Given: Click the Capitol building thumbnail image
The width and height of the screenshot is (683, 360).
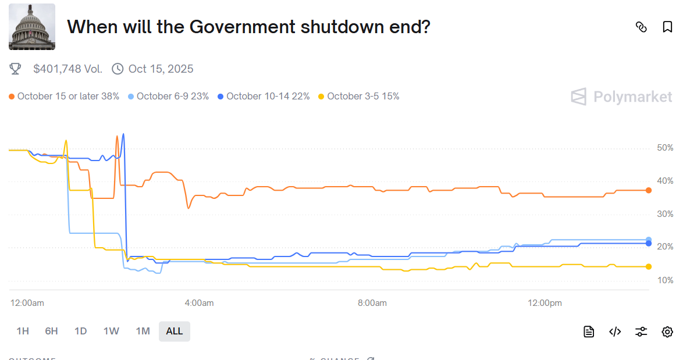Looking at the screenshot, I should [32, 27].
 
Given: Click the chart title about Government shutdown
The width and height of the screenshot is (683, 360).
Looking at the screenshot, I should [248, 27].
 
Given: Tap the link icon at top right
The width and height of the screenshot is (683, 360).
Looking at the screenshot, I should [641, 27].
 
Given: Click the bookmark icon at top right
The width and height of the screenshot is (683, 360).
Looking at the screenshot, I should [667, 27].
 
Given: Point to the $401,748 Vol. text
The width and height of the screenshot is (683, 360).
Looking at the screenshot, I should [67, 69].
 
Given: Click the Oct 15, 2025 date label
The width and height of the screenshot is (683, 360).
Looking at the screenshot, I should [161, 69].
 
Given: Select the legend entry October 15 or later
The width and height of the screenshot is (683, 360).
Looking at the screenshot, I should [65, 96].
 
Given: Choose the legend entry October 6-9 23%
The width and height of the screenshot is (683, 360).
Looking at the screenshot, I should [169, 96].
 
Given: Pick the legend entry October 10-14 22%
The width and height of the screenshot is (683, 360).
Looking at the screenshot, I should [264, 96].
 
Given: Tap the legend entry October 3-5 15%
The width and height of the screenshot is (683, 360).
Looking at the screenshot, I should [359, 96].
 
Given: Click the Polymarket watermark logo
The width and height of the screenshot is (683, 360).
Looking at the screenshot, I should [621, 97].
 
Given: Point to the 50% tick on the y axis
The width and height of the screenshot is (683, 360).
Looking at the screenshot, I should [665, 148].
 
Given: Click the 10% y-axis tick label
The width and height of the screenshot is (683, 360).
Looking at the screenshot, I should [665, 280].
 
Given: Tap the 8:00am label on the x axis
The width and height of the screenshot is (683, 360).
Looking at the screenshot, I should [372, 303].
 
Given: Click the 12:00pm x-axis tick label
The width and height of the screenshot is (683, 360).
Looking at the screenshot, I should [545, 303].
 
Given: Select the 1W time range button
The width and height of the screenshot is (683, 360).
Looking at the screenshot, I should [111, 331].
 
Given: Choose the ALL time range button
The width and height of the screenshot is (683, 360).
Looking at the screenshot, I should [175, 331].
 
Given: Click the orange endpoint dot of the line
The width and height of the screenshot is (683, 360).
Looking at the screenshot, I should [649, 190].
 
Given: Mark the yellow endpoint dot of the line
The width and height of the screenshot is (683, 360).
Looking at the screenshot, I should [649, 266].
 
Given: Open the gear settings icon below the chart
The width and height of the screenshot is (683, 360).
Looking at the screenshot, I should [667, 332].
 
